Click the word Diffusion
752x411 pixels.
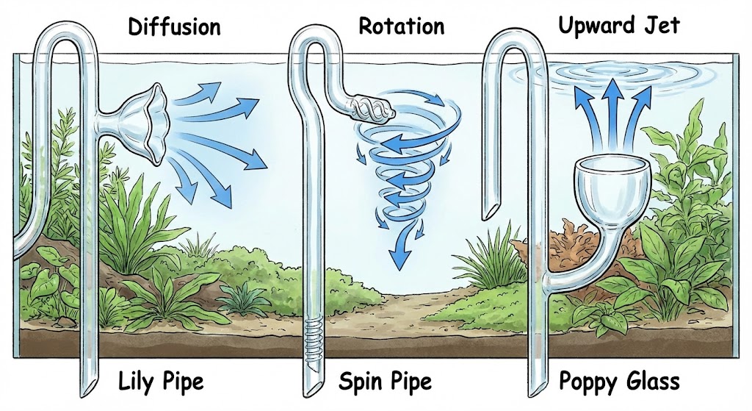tap(173, 27)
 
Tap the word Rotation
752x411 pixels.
tap(401, 26)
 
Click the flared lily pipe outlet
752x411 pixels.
tap(151, 129)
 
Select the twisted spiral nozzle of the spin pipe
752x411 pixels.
tap(371, 110)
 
